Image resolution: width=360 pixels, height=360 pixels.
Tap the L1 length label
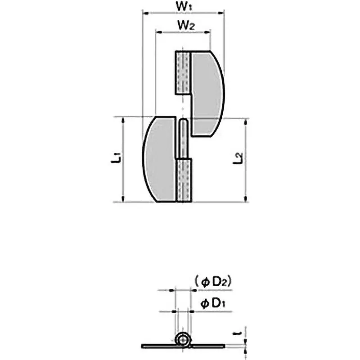(116, 158)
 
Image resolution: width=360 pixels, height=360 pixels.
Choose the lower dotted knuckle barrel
(184, 180)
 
